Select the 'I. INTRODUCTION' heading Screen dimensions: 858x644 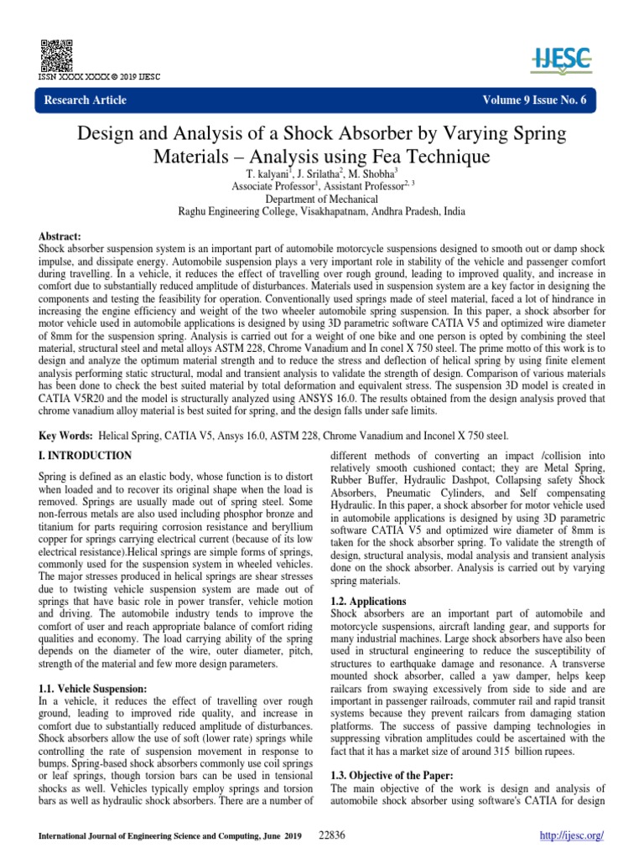pyautogui.click(x=85, y=456)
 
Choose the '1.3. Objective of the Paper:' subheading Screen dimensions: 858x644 pyautogui.click(x=392, y=777)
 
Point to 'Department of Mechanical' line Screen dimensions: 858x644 pyautogui.click(x=321, y=199)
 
